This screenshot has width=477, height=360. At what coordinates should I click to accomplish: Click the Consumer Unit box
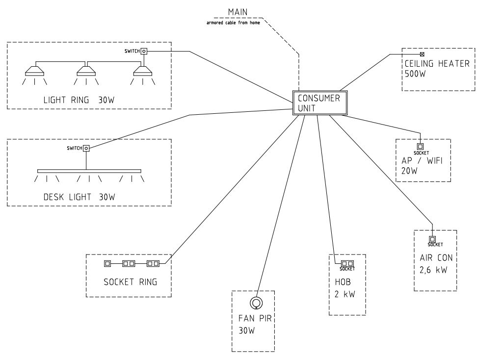pyautogui.click(x=320, y=103)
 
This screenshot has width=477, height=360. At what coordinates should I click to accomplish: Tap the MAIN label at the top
pyautogui.click(x=238, y=12)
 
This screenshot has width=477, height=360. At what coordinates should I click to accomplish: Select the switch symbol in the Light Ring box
pyautogui.click(x=144, y=51)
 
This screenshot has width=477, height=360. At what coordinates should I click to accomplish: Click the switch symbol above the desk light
pyautogui.click(x=86, y=149)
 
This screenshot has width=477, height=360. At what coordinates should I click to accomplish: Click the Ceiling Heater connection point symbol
pyautogui.click(x=422, y=54)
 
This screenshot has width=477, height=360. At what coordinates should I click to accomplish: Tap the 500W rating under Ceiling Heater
pyautogui.click(x=415, y=74)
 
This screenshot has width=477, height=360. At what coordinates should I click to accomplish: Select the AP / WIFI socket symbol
pyautogui.click(x=420, y=147)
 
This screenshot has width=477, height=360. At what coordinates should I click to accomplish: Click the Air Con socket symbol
pyautogui.click(x=432, y=239)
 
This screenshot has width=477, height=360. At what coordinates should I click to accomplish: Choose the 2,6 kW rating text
pyautogui.click(x=433, y=270)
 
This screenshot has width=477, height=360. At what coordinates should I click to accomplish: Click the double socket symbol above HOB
pyautogui.click(x=347, y=263)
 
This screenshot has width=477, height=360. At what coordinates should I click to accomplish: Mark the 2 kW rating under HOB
pyautogui.click(x=345, y=294)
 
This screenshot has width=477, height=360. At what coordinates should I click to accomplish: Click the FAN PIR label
pyautogui.click(x=255, y=318)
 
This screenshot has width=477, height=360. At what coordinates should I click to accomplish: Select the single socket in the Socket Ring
pyautogui.click(x=107, y=263)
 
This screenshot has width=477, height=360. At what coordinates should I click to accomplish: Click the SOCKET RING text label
pyautogui.click(x=131, y=282)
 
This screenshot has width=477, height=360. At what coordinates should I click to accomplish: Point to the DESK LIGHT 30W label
pyautogui.click(x=79, y=197)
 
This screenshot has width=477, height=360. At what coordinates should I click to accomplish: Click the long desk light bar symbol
pyautogui.click(x=89, y=171)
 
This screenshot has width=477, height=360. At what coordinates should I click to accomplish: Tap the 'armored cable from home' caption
pyautogui.click(x=233, y=23)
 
